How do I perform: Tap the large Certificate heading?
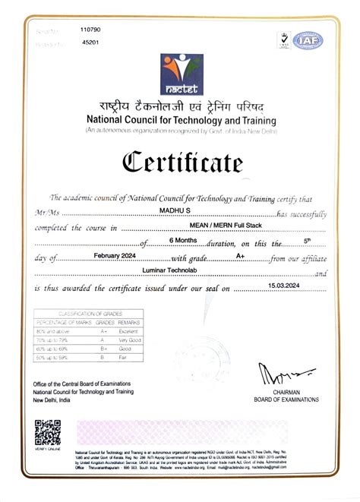(180, 162)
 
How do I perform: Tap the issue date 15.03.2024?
(284, 286)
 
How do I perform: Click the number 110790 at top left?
(90, 30)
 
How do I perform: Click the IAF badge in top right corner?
(308, 40)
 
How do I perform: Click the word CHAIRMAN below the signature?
(287, 393)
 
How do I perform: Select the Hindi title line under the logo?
(180, 108)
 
